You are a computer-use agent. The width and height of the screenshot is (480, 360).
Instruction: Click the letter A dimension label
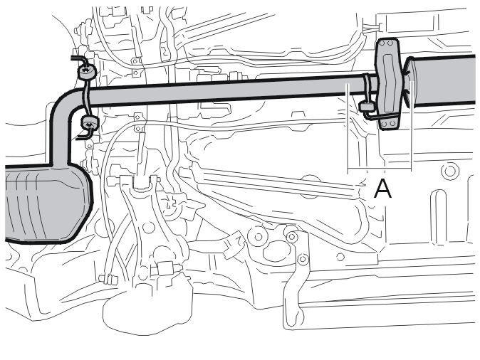coord(382,189)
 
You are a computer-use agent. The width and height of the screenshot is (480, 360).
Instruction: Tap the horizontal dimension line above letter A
coord(380,169)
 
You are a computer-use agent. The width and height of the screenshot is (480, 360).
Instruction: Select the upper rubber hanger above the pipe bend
coord(87,72)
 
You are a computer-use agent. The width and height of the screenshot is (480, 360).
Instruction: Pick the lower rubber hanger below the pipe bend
coord(89,122)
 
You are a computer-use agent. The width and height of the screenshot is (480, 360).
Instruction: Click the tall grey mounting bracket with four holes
coord(388,83)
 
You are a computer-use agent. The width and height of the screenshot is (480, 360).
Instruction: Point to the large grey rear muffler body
coord(46,203)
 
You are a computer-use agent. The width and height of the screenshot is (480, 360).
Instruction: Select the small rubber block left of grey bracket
coord(366,107)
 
